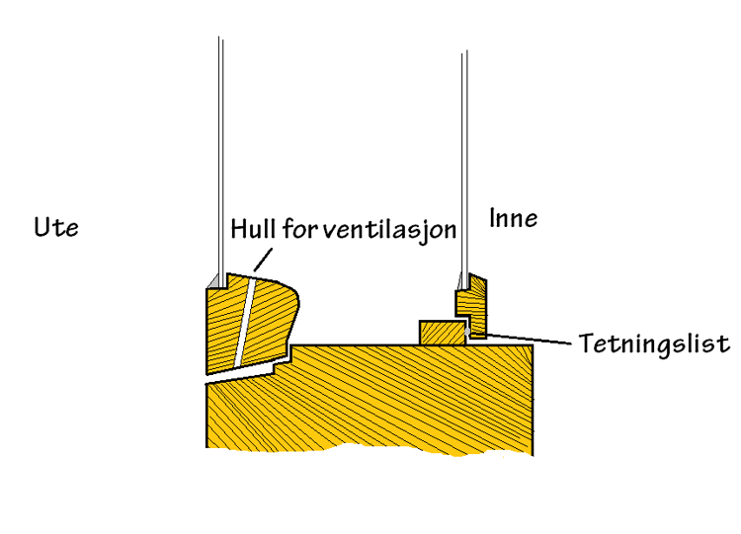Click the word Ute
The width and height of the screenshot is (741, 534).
[55, 228]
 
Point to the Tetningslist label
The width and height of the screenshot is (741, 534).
[654, 343]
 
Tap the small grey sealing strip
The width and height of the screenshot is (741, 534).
[479, 337]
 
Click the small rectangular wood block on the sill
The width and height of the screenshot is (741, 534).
[442, 333]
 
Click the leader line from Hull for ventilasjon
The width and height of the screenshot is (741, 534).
[261, 261]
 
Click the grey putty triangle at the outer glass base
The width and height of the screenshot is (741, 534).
[214, 282]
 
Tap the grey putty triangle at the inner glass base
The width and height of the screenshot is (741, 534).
[460, 284]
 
